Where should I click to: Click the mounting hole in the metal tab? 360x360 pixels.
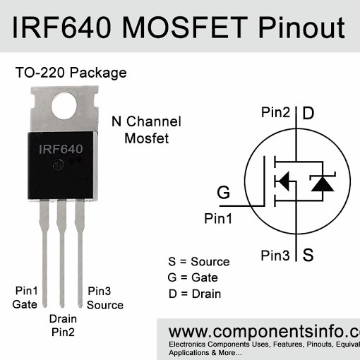pos(64,104)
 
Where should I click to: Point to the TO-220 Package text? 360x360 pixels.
pos(71,73)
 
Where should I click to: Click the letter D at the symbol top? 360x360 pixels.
pos(308,113)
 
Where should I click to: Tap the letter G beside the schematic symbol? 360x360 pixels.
pos(223,193)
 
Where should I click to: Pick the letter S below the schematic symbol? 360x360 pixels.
pos(308,255)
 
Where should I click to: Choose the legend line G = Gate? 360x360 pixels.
pos(193,277)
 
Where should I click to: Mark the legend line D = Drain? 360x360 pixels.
pos(195,294)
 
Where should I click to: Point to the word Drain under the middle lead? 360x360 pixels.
pos(63,318)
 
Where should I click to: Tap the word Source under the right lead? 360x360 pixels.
pos(105,305)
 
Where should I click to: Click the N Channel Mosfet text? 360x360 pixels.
pos(147,130)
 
